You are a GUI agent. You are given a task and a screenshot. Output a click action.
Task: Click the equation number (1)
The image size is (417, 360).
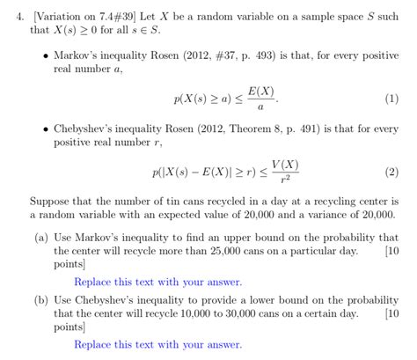(x=392, y=99)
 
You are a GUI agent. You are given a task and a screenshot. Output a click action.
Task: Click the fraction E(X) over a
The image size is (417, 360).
(x=257, y=99)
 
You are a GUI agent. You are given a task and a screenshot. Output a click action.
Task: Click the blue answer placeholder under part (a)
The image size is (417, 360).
(x=157, y=282)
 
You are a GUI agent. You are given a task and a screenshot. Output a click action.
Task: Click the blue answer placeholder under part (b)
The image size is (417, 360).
(x=157, y=344)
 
